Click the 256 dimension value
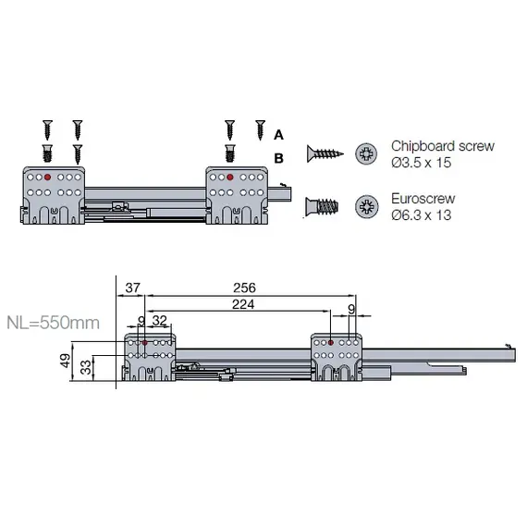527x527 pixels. pyautogui.click(x=244, y=288)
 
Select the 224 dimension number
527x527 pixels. pyautogui.click(x=244, y=303)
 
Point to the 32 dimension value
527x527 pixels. pyautogui.click(x=160, y=321)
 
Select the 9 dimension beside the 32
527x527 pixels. pyautogui.click(x=141, y=321)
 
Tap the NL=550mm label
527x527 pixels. pyautogui.click(x=54, y=325)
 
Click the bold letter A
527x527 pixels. pyautogui.click(x=278, y=134)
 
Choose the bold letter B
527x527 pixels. pyautogui.click(x=278, y=158)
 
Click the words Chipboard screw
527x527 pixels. pyautogui.click(x=442, y=146)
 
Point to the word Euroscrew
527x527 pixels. pyautogui.click(x=423, y=198)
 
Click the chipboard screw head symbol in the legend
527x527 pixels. pyautogui.click(x=367, y=153)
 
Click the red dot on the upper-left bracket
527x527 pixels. pyautogui.click(x=47, y=175)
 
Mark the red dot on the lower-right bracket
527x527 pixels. pyautogui.click(x=329, y=343)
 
